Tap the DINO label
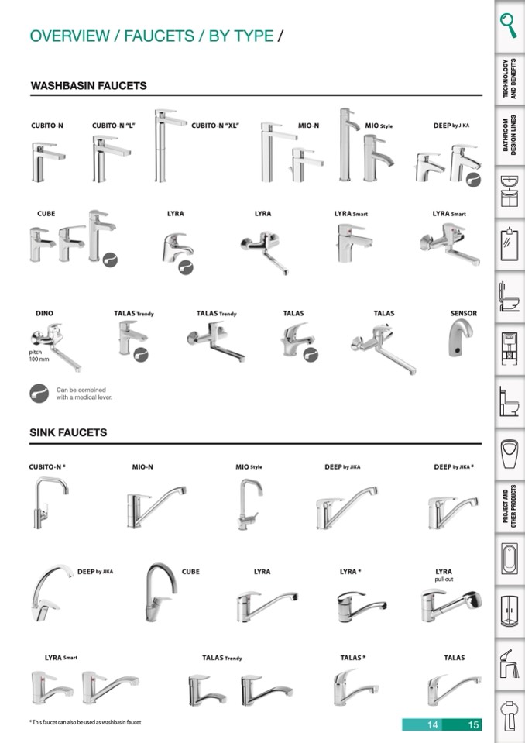[44, 314]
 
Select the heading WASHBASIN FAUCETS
[88, 86]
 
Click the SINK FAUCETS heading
[68, 433]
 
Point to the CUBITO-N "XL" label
[215, 126]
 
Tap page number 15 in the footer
[474, 725]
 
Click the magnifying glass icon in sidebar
[510, 26]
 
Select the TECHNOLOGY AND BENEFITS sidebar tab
[510, 78]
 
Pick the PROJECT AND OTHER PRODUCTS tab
[510, 507]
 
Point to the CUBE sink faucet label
[190, 572]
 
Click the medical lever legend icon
[39, 393]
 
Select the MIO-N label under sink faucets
[142, 467]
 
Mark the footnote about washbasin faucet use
[85, 722]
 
